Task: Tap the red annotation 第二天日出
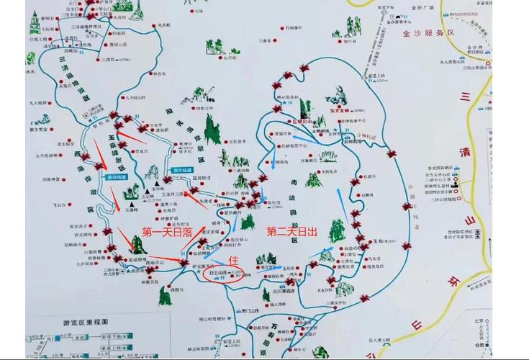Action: [291, 232]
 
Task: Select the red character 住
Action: [232, 259]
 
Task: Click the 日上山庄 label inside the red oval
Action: [221, 274]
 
